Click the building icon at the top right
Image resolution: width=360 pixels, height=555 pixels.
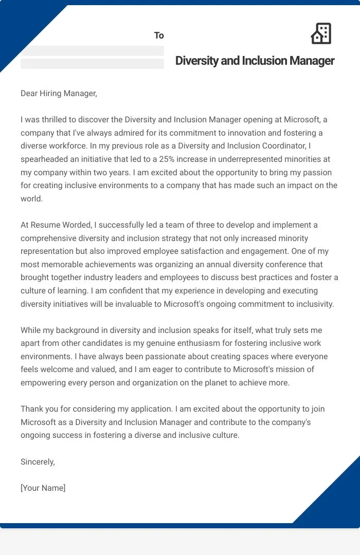point(321,33)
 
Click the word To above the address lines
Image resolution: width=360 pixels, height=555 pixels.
point(159,35)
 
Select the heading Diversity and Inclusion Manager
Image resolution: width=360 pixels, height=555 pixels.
point(255,61)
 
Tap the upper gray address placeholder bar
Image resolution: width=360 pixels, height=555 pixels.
point(92,50)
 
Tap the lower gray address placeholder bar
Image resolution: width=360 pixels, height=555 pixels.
point(92,64)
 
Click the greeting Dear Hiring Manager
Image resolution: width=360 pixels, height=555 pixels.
point(59,93)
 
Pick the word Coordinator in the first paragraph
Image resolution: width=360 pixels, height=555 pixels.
point(294,146)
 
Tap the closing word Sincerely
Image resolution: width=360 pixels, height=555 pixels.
point(38,461)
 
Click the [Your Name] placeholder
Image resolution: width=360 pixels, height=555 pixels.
point(43,488)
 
